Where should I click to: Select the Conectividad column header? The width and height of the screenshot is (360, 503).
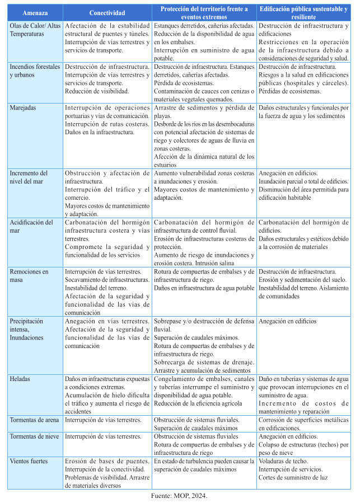tap(107, 13)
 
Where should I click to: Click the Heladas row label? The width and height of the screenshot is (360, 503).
tap(21, 379)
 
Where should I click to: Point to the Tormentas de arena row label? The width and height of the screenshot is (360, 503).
tap(35, 420)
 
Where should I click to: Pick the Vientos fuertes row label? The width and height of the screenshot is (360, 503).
tap(29, 461)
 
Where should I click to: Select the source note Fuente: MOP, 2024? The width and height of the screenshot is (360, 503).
tap(180, 496)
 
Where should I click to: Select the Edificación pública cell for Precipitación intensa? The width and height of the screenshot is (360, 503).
tap(287, 321)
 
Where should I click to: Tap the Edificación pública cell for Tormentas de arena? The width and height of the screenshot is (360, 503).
tap(303, 424)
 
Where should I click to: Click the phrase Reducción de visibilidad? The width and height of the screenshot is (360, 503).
tap(97, 91)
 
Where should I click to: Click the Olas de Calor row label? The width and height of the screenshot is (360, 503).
tap(34, 30)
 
